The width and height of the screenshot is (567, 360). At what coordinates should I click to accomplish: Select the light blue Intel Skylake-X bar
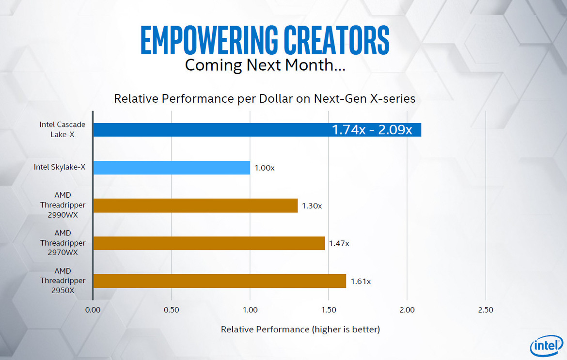pos(172,168)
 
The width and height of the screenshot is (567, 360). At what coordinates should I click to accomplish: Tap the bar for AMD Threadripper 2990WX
pos(195,205)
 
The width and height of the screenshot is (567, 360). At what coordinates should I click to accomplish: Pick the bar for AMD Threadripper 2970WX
pos(208,243)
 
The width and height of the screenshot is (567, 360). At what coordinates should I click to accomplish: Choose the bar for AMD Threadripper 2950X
pos(219,281)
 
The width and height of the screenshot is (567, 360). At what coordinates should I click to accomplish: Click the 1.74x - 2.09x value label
pos(372,130)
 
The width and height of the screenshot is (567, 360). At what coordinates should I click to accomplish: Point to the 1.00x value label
pos(264,168)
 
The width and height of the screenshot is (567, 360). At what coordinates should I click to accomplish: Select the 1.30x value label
pos(312,206)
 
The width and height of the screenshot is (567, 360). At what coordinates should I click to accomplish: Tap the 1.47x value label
pos(339,243)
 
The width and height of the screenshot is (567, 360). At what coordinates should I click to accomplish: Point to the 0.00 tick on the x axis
pos(93,310)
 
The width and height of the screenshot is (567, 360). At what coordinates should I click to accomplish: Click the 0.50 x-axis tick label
pos(172,310)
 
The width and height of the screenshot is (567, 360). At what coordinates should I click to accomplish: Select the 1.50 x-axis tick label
pos(329,310)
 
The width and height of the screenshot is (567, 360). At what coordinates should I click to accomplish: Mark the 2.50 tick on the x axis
pos(486,310)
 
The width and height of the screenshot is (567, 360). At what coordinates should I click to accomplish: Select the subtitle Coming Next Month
pos(265,65)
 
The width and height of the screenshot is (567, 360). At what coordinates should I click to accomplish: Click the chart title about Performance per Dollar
pos(265,99)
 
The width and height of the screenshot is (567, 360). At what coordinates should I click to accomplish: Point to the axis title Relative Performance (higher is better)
pos(300,329)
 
